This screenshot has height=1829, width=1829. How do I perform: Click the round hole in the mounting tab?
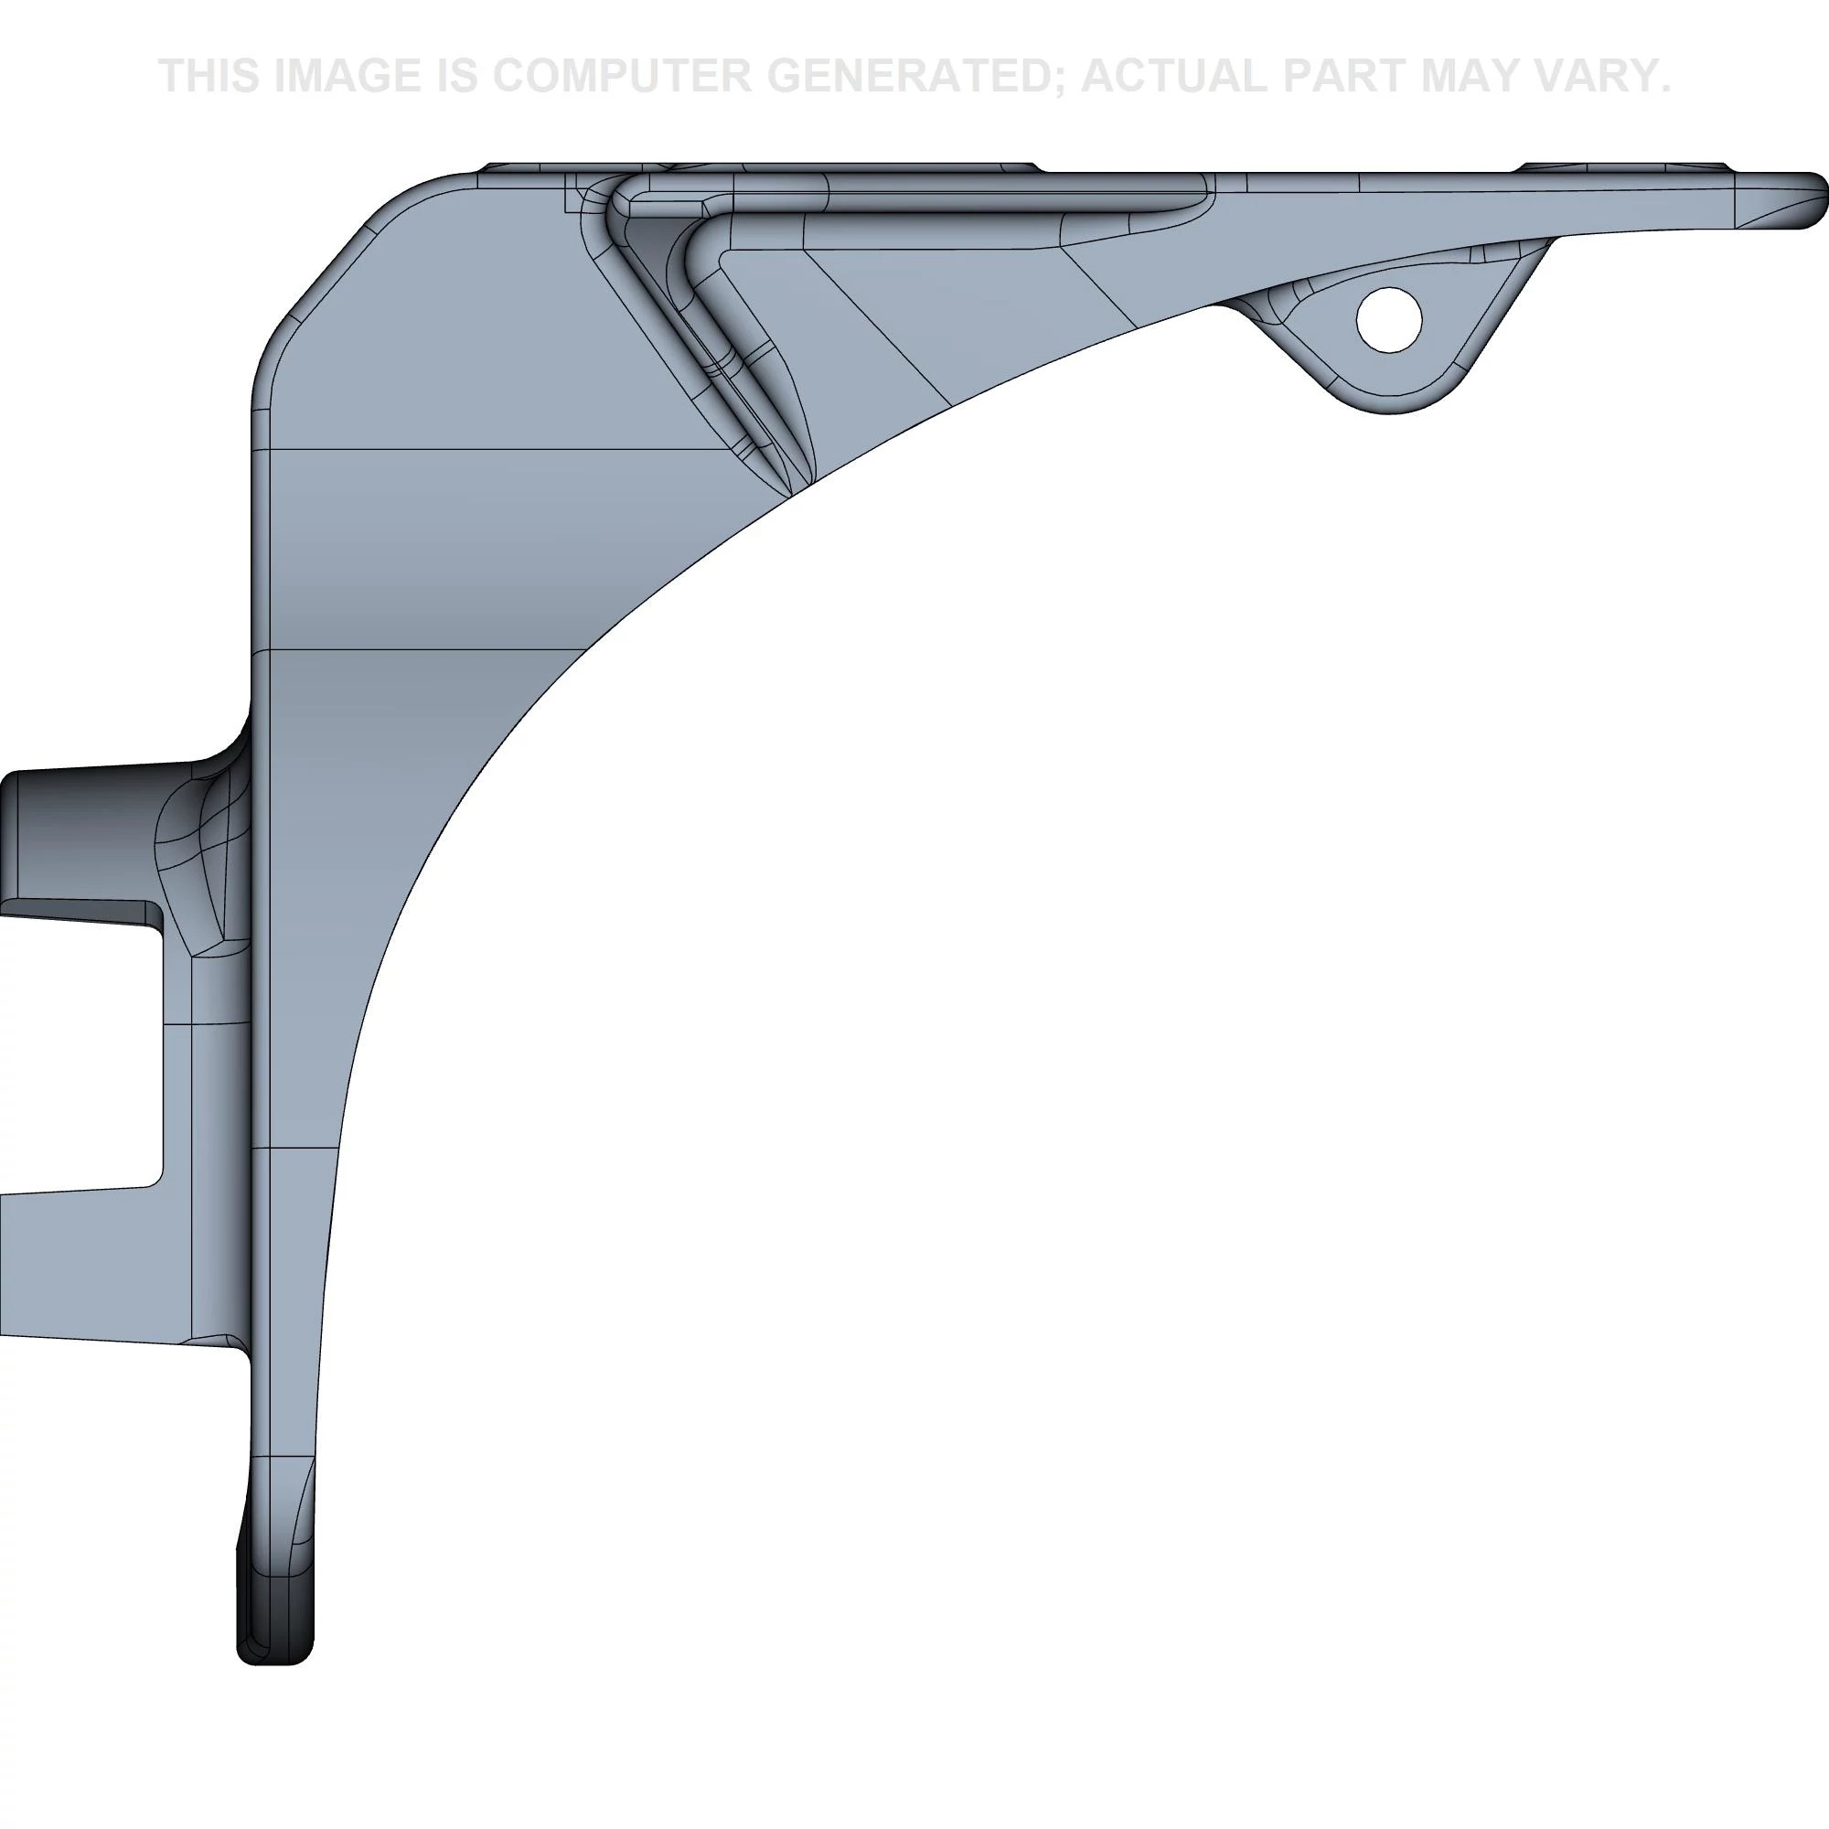click(1389, 320)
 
